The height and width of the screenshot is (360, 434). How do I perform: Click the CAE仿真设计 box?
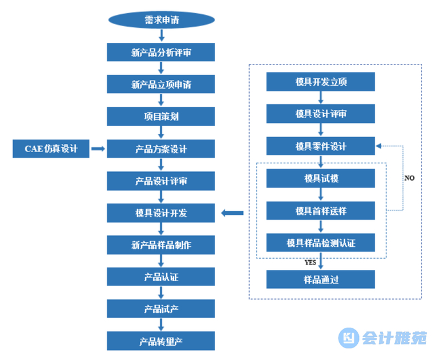point(51,148)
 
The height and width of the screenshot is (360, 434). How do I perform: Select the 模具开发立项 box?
point(321,81)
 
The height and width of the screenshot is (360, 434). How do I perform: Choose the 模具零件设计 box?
point(321,146)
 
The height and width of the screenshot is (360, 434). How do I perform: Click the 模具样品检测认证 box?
point(321,242)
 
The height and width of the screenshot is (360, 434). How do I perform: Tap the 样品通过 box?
point(321,279)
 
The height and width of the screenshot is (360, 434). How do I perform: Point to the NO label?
point(409,178)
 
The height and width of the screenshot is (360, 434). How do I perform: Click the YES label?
point(311,263)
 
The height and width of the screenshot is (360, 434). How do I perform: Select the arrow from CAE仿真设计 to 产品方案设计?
point(98,148)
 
